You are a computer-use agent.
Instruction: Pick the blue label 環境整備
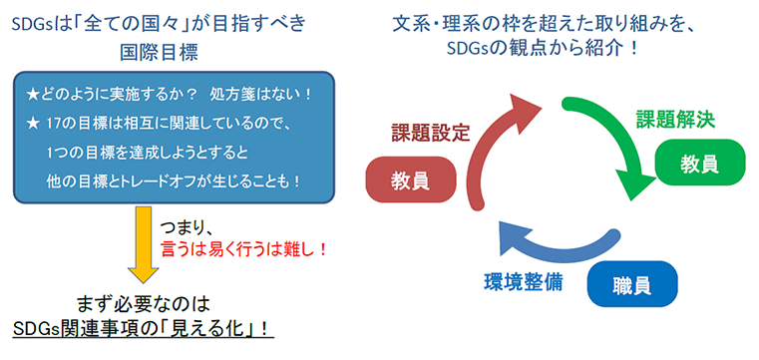click(x=520, y=281)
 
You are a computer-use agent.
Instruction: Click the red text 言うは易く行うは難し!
click(x=244, y=249)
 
